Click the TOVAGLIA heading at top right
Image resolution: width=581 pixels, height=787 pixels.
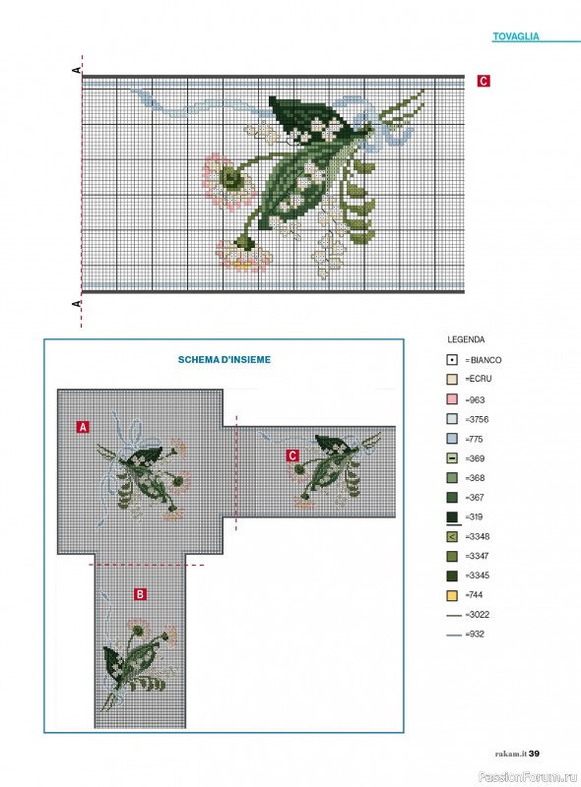516,36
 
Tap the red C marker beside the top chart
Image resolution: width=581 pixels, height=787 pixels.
484,81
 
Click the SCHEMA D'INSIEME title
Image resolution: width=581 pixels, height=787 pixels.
225,359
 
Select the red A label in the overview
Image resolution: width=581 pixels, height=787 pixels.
83,427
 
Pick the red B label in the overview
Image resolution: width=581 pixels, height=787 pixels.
140,594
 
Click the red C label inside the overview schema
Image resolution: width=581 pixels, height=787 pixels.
292,455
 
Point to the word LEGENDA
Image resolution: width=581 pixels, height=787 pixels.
466,339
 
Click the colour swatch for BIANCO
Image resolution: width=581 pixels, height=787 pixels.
452,360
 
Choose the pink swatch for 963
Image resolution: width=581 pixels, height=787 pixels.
452,399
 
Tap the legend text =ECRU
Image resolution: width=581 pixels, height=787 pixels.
478,379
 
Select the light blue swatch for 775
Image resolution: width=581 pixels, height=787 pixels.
452,439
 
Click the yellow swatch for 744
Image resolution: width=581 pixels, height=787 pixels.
452,595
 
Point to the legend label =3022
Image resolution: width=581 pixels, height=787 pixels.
477,614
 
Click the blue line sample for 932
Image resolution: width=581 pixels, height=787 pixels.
454,635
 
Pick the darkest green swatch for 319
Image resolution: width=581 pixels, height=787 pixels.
452,517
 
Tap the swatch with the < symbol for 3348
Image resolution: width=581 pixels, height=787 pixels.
452,536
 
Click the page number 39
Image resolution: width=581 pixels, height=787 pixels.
534,754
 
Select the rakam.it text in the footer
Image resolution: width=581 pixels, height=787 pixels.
511,754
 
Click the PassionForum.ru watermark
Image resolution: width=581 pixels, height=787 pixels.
528,777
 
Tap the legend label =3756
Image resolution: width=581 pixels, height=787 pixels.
477,419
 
